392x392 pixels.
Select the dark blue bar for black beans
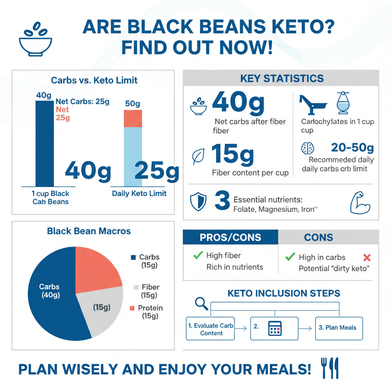(44, 145)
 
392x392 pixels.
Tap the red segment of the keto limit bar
(133, 118)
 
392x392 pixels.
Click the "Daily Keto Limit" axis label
(139, 193)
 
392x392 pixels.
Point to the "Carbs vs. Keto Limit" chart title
(94, 80)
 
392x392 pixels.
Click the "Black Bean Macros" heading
(89, 231)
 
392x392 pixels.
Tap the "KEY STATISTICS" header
(282, 79)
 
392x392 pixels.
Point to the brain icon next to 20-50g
(308, 148)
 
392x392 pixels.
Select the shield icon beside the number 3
(198, 202)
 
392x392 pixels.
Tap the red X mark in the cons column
(367, 257)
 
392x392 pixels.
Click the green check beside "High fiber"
(198, 255)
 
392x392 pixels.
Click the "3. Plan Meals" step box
(339, 328)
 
